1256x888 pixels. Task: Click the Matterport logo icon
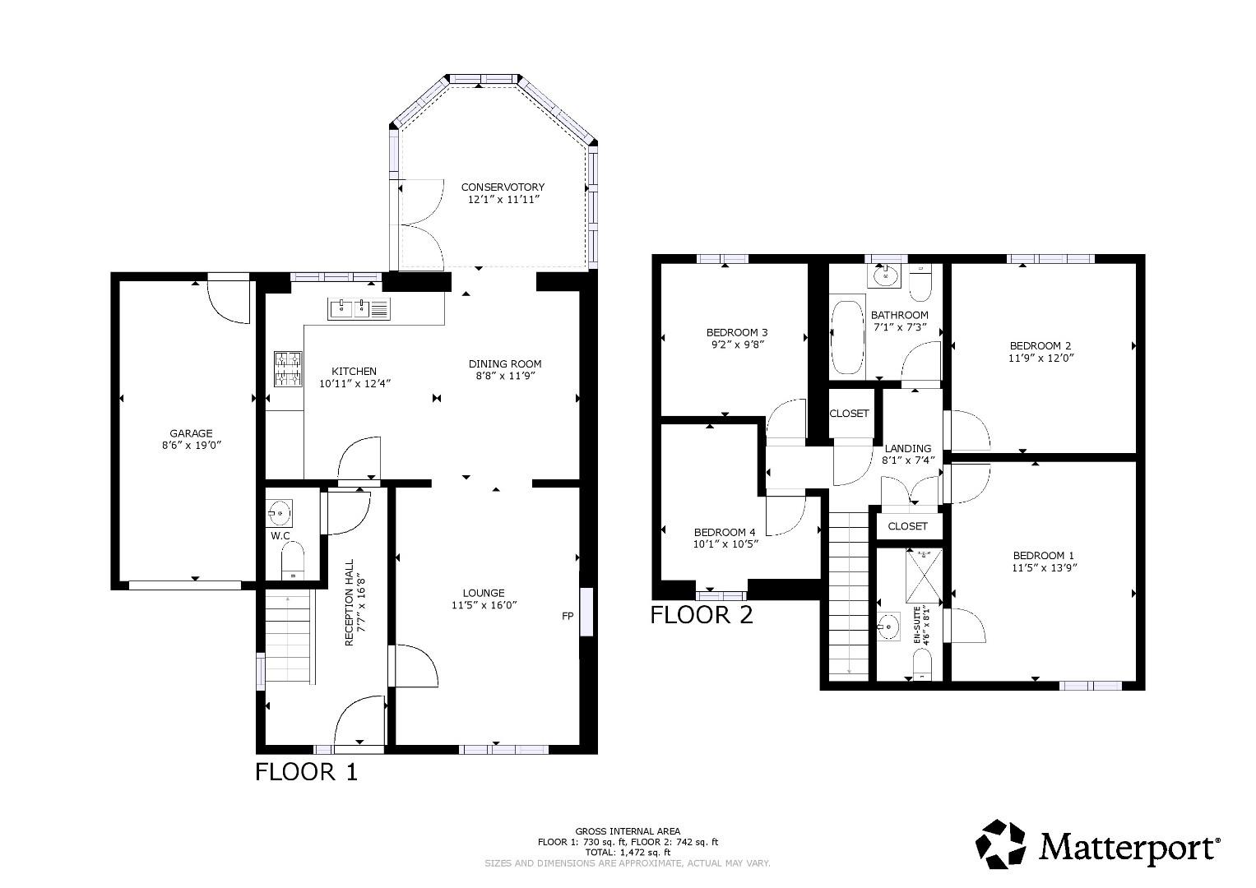(x=1001, y=844)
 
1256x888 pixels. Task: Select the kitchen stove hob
(x=288, y=368)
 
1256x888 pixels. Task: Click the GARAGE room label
(x=191, y=433)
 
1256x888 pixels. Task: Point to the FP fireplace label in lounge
(x=567, y=616)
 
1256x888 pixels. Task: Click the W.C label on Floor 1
(x=280, y=536)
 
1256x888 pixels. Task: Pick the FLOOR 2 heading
(x=702, y=615)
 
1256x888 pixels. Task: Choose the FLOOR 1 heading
(x=306, y=772)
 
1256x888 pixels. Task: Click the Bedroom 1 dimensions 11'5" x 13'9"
(x=1044, y=567)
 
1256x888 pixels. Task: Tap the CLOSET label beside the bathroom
(x=849, y=414)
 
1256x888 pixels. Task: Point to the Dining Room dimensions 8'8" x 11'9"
(x=505, y=376)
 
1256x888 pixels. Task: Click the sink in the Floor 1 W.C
(x=280, y=514)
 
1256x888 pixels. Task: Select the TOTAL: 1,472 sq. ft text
(x=628, y=853)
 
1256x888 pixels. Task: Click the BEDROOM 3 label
(x=737, y=332)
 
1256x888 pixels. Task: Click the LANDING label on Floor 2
(x=908, y=448)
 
